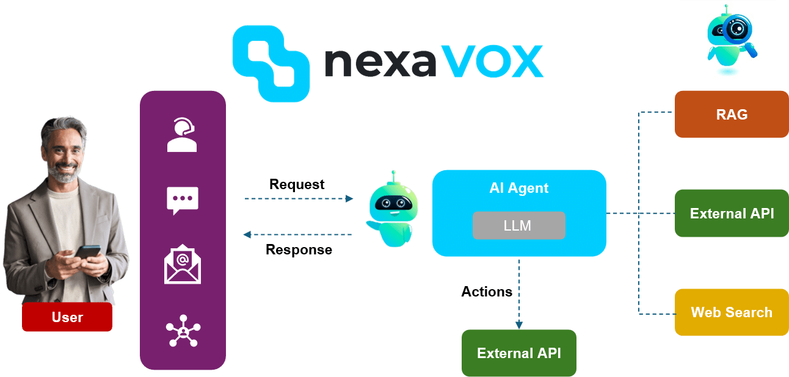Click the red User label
point(67,317)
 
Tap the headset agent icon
point(182,135)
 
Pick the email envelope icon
point(182,264)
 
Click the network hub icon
point(183,331)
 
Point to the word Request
point(297,184)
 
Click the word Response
point(299,250)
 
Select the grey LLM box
point(518,226)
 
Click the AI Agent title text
point(519,188)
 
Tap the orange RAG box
point(731,114)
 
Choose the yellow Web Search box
point(731,312)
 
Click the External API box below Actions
point(518,353)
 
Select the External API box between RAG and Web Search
point(732,214)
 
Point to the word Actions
point(487,292)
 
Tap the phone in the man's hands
point(87,252)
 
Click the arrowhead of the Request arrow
point(350,199)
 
